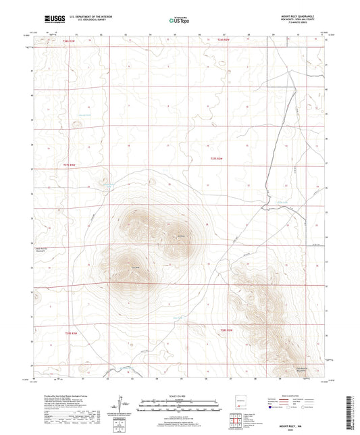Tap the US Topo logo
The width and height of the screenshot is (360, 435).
click(x=179, y=21)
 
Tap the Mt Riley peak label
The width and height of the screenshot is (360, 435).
click(x=181, y=236)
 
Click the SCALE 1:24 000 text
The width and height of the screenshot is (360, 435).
click(x=180, y=395)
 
